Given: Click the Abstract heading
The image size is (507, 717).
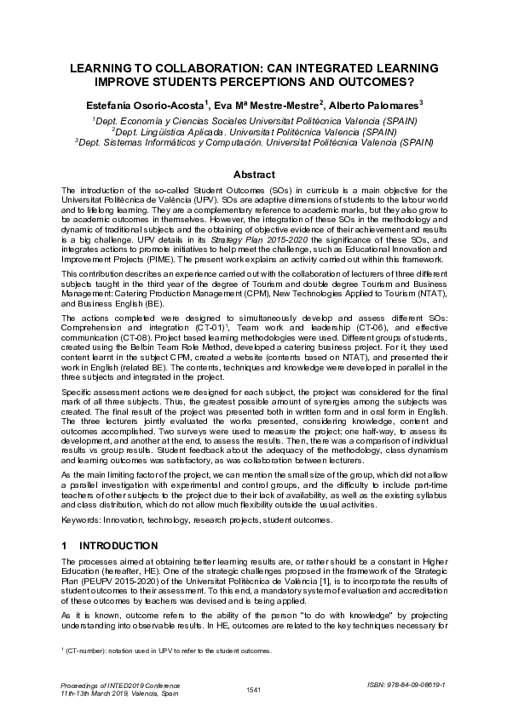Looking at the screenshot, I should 253,174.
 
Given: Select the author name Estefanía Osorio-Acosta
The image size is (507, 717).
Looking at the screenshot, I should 156,104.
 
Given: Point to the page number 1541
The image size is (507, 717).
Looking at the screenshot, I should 253,688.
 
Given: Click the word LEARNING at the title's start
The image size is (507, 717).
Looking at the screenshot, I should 99,68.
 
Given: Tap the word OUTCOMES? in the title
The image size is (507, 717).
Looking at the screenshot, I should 373,83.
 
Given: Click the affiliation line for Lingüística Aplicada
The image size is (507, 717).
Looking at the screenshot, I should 253,132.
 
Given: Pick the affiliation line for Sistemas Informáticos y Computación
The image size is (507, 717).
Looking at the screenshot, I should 253,143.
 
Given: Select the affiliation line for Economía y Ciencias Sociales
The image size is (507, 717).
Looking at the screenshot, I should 253,121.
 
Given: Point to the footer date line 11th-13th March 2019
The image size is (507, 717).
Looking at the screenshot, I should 109,693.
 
